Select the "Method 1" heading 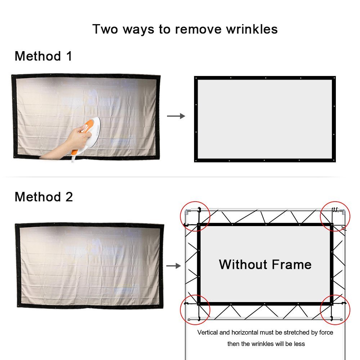point(44,56)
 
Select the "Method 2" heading point(44,197)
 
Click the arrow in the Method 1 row point(176,116)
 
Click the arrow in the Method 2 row point(174,266)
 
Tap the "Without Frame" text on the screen point(265,264)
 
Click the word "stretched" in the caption point(296,332)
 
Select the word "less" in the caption point(300,344)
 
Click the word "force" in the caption point(326,332)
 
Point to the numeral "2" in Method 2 point(69,197)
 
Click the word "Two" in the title point(105,30)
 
